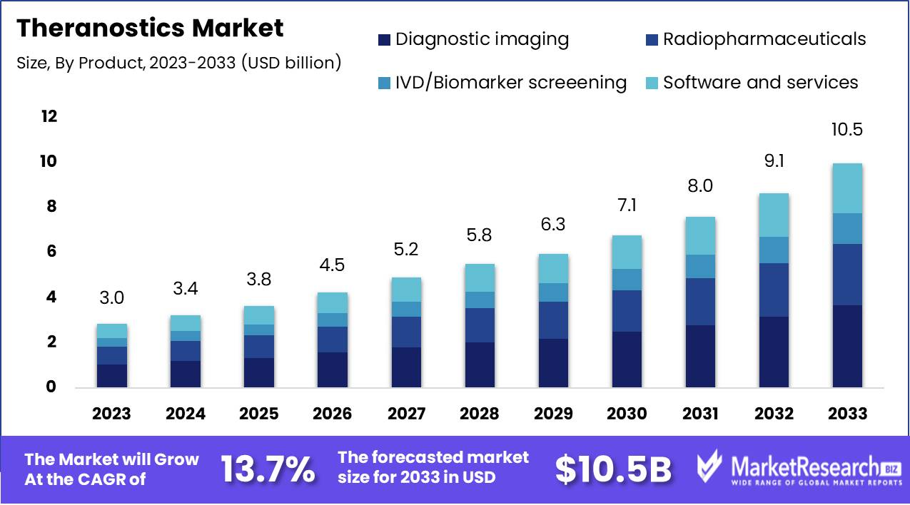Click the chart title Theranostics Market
(x=150, y=28)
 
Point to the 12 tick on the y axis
(x=49, y=116)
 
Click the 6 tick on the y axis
(x=51, y=252)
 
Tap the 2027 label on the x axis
(x=407, y=414)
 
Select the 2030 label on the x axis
(x=627, y=414)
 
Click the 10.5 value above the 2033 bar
(x=847, y=130)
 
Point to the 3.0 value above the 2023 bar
(x=112, y=297)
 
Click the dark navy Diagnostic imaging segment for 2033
(x=847, y=346)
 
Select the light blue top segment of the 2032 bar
(x=774, y=215)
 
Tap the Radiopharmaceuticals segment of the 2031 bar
(x=700, y=301)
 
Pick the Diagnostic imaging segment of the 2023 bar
(x=112, y=375)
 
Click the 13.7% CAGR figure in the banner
(x=268, y=469)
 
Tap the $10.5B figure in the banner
(x=614, y=469)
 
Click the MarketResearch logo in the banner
(x=796, y=469)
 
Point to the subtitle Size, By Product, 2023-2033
(x=178, y=63)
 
